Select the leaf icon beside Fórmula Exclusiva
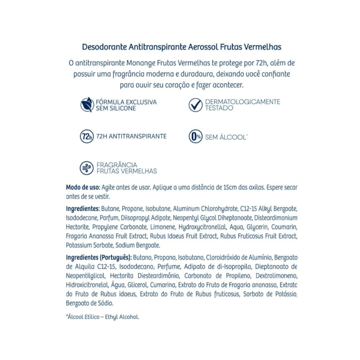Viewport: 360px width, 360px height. [x=86, y=105]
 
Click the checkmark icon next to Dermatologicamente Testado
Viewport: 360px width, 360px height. [x=195, y=105]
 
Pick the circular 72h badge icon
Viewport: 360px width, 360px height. [x=86, y=136]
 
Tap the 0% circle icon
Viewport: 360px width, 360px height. [x=195, y=137]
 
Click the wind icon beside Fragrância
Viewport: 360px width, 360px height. [x=86, y=168]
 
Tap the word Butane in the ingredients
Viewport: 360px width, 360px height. [x=111, y=209]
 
